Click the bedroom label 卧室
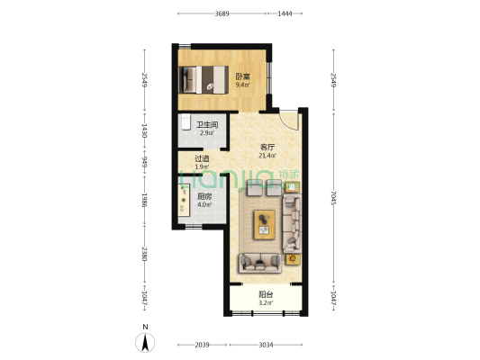tap(243, 76)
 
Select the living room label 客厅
tap(267, 148)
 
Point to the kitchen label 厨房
tap(204, 196)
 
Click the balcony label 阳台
tap(266, 295)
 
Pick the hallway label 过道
tap(203, 158)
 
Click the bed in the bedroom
tap(204, 79)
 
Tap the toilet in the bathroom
tap(186, 122)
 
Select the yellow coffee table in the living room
tap(265, 224)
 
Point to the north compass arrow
tap(145, 343)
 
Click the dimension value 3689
tap(222, 13)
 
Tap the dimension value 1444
tap(285, 13)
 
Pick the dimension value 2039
tap(203, 345)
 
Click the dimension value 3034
tap(266, 345)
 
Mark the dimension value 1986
tap(145, 200)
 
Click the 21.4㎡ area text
tap(267, 156)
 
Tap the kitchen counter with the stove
tap(184, 200)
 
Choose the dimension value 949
tap(145, 162)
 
